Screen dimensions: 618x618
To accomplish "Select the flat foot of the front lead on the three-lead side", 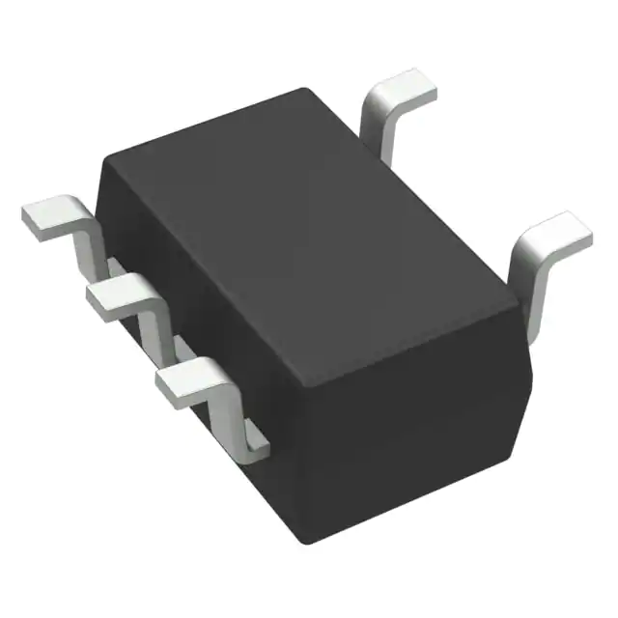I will [189, 379].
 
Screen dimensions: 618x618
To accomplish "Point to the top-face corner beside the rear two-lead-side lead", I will [307, 91].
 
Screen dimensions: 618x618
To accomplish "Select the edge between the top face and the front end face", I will [415, 334].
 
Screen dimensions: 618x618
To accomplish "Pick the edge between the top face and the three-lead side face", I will [208, 266].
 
